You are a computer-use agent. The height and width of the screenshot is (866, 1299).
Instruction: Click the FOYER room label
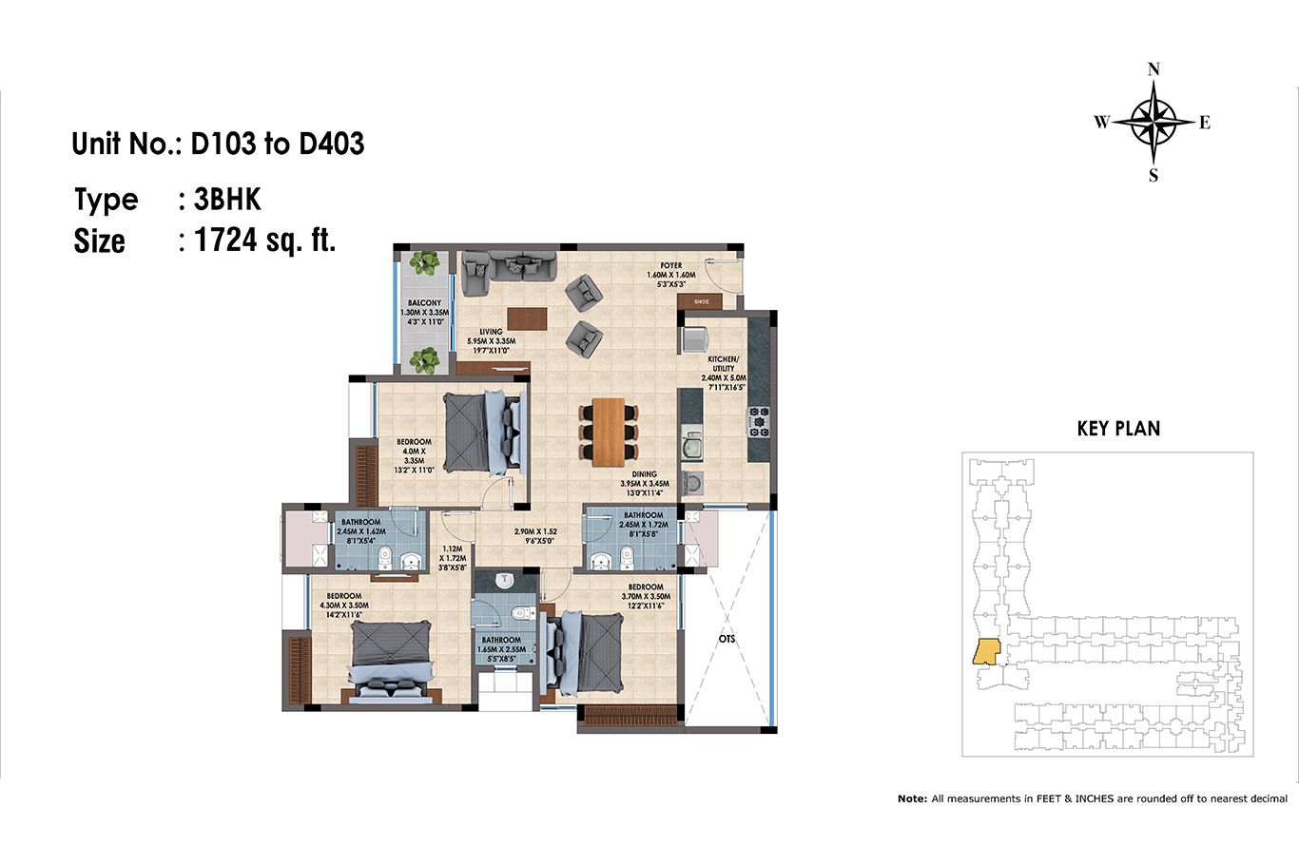[x=671, y=265]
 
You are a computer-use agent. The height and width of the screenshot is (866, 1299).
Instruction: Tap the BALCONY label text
[x=424, y=302]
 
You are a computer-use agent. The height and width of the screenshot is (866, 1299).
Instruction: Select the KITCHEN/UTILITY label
[x=723, y=363]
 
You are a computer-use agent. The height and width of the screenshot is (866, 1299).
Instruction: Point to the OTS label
[x=727, y=639]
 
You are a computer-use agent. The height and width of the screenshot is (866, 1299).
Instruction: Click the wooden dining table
[x=609, y=432]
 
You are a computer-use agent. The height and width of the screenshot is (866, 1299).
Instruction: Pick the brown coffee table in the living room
[x=527, y=318]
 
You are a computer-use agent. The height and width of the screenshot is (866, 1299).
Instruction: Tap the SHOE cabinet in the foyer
[x=699, y=301]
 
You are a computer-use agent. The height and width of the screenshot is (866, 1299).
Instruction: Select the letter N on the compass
[x=1154, y=69]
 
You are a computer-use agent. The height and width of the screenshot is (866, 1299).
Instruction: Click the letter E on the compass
[x=1205, y=123]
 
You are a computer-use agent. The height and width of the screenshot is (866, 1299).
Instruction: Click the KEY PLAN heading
[x=1118, y=429]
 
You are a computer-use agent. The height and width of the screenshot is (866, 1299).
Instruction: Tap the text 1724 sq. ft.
[x=265, y=240]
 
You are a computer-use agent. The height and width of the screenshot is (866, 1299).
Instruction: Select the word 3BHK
[x=226, y=200]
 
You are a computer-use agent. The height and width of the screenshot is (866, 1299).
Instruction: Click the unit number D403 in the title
[x=331, y=144]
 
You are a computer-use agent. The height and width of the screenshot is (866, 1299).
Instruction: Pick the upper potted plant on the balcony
[x=424, y=263]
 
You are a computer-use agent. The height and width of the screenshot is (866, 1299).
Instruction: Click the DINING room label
[x=645, y=474]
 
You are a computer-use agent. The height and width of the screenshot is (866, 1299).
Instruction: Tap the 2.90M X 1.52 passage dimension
[x=535, y=531]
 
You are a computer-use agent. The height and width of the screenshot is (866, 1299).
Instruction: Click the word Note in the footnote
[x=912, y=799]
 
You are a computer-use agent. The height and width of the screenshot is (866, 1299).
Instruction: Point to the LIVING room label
[x=491, y=332]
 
